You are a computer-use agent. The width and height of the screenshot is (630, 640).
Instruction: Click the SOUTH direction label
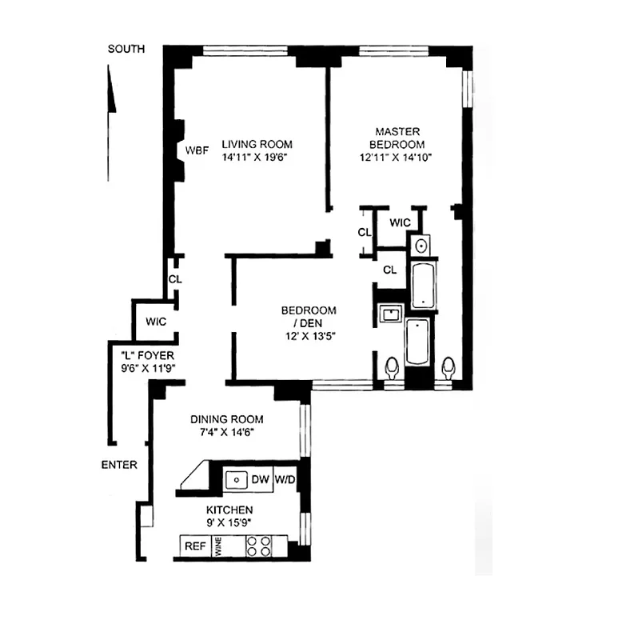(126, 50)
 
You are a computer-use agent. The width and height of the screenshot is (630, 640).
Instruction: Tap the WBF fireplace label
(197, 150)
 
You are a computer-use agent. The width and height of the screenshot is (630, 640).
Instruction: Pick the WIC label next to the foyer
(156, 322)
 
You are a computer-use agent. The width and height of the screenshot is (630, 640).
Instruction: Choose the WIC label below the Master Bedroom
(400, 222)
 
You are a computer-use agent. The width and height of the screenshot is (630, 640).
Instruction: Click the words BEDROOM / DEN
(308, 317)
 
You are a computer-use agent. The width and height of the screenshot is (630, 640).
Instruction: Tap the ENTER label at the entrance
(119, 465)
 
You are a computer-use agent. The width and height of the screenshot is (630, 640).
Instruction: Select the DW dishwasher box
(260, 480)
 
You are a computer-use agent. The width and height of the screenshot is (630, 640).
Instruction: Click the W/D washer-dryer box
(285, 480)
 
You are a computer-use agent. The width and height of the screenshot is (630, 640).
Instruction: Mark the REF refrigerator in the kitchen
(195, 546)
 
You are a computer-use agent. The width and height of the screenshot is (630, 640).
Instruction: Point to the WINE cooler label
(216, 546)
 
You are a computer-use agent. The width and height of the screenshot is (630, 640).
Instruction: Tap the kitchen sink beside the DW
(236, 480)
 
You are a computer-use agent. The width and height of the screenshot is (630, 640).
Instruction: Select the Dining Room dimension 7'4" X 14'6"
(226, 433)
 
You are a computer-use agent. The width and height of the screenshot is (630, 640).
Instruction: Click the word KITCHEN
(229, 510)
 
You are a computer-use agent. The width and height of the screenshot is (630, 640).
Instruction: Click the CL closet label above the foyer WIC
(174, 279)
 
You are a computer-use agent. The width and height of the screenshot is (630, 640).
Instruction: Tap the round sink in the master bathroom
(420, 244)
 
